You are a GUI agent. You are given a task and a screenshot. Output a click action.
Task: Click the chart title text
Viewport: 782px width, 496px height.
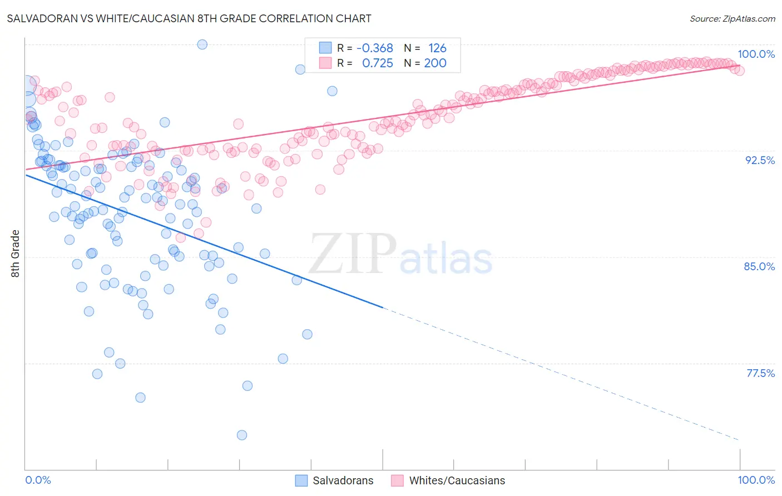coord(189,18)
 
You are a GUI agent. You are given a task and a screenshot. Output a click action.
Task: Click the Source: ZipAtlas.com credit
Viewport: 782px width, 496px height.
coord(732,19)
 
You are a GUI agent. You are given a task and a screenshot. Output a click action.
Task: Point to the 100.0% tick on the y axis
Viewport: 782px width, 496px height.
coord(756,54)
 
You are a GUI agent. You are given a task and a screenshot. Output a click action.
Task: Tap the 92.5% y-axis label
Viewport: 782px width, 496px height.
coord(760,160)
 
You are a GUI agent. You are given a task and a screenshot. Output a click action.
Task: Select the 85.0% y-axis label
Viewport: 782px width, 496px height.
coord(759,266)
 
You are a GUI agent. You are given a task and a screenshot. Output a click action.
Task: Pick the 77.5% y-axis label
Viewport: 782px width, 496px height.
coord(760,373)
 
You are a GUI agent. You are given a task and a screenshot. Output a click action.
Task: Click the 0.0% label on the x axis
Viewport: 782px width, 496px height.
coord(38,480)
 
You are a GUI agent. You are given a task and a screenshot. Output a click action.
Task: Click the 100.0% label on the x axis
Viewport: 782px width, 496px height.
coord(756,480)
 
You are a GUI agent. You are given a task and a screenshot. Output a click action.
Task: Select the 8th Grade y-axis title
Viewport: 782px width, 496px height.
coord(16,254)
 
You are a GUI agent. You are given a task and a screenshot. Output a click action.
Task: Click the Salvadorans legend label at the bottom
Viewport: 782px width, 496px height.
coord(343,480)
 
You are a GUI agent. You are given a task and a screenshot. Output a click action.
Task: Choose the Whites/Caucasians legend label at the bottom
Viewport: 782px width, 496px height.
coord(457,480)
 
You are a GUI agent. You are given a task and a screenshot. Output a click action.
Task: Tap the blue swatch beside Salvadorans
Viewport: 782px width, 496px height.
coord(301,480)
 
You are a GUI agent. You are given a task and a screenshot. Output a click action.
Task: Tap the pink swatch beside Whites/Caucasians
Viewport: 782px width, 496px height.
coord(397,480)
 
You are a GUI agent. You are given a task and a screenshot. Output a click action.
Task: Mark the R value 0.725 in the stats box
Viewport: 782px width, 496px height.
coord(377,63)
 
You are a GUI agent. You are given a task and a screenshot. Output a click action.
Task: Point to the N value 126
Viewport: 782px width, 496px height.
coord(437,48)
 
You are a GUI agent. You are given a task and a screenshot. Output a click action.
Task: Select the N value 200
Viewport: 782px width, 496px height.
coord(435,63)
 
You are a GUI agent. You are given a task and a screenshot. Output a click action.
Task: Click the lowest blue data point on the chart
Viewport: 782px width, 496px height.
coord(242,435)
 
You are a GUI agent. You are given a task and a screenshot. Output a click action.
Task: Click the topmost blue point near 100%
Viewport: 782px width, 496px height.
coord(202,44)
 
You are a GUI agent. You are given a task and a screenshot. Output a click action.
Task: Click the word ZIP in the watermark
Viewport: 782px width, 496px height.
coord(352,254)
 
